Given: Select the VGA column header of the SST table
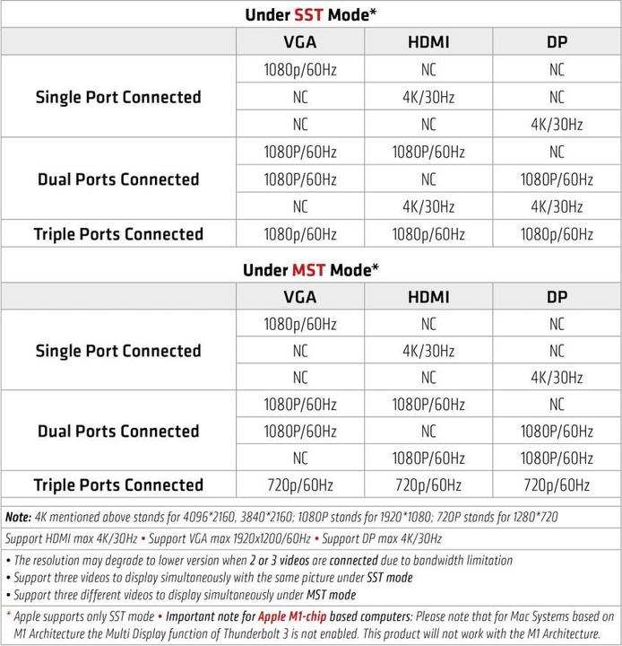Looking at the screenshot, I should coord(299,41).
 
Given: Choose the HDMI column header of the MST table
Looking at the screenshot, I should coord(428,297).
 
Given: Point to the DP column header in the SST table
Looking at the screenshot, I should coord(557,41).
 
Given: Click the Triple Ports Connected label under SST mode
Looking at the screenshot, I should coord(118,234).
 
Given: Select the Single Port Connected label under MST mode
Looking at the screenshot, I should coord(118,351).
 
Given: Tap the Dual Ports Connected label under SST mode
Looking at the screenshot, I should coord(118,179).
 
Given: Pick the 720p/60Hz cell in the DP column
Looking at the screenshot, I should coord(557,485).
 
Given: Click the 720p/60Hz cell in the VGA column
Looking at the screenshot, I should coord(299,485).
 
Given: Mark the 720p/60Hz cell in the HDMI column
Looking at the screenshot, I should coord(428,485).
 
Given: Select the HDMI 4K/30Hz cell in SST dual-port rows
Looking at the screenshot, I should coord(428,206).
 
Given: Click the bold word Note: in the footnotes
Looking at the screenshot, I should coord(18,518).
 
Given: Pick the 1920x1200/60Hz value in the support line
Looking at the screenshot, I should coord(263,539).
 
